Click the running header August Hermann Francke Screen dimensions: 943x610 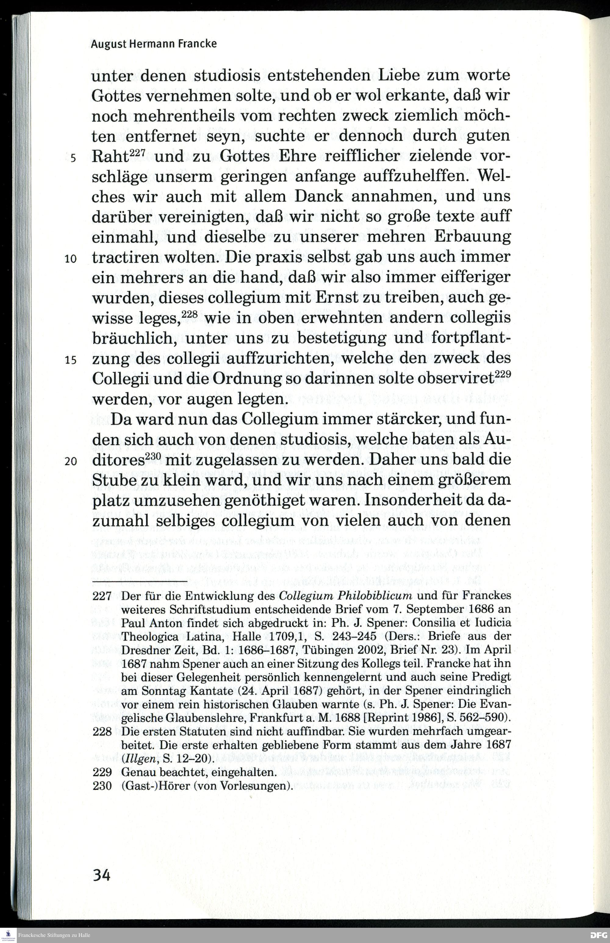click(x=154, y=44)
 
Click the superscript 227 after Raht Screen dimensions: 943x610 click(x=138, y=152)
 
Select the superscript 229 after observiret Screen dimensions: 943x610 click(x=503, y=374)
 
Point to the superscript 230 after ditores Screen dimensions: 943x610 click(x=152, y=456)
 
